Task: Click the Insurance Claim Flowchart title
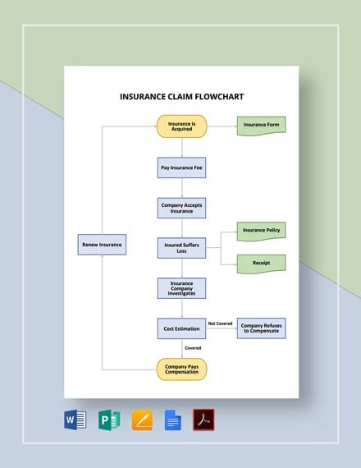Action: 181,96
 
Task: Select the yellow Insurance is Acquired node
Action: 181,126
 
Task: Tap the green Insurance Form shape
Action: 261,126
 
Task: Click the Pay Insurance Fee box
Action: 181,167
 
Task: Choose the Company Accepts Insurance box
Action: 181,207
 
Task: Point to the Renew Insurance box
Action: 102,245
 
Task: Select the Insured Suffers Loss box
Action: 181,248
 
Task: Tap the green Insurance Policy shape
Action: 261,231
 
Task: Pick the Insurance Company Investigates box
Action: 181,288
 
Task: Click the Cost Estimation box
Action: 181,328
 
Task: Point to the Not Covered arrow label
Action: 220,323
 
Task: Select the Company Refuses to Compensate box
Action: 262,328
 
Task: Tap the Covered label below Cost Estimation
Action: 193,348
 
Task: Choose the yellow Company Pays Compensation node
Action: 181,369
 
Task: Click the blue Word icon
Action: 75,420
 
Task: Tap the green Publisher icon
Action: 108,420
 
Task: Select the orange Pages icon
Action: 142,420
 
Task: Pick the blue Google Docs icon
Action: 172,420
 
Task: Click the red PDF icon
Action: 203,420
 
